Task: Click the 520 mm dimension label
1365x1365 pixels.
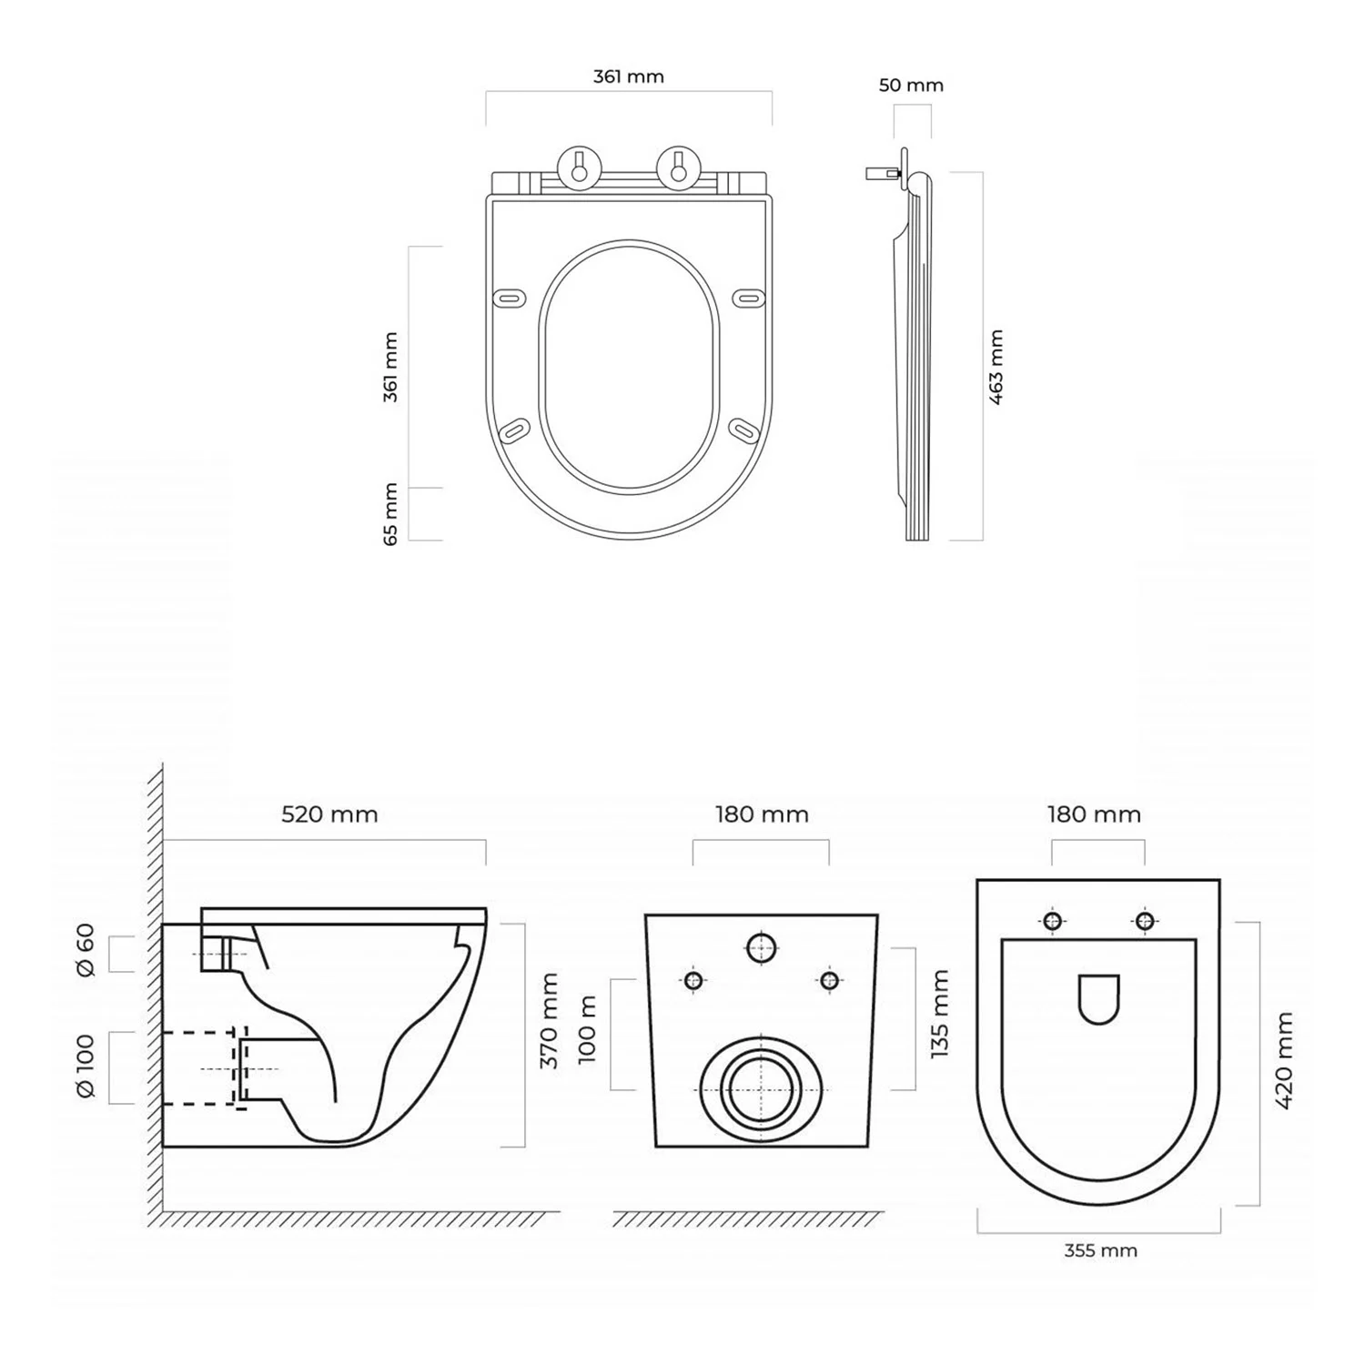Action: click(329, 814)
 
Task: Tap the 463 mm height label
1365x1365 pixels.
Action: click(996, 368)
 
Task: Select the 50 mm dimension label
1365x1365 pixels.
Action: click(911, 86)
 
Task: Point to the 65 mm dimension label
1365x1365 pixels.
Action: click(390, 514)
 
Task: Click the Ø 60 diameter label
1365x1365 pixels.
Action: click(86, 950)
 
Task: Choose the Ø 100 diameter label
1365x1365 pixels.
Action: click(86, 1066)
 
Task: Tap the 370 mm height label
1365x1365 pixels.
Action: click(550, 1020)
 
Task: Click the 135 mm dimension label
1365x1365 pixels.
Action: click(940, 1013)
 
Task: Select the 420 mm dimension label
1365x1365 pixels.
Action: click(1284, 1059)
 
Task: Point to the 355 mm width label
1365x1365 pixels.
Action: click(1100, 1250)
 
